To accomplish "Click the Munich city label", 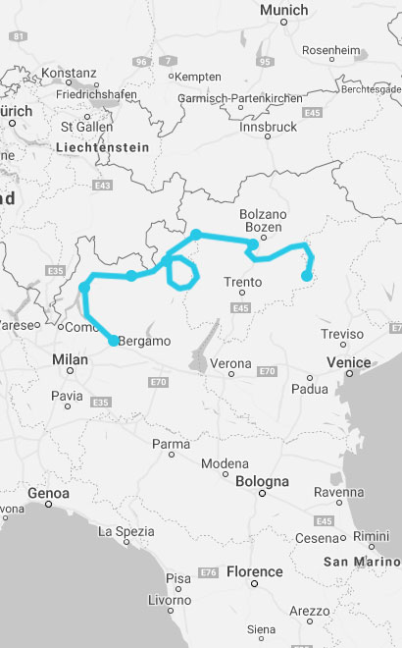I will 283,10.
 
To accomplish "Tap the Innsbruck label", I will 264,127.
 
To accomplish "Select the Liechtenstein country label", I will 104,147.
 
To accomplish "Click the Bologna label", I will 262,482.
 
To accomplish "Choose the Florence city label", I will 254,571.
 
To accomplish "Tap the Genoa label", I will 49,492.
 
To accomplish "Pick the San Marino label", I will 360,562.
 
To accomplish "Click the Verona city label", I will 231,363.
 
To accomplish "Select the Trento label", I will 242,283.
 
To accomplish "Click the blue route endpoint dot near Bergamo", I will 114,341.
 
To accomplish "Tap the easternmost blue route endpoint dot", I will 307,276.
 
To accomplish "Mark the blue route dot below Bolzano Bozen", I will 253,243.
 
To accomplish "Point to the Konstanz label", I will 70,73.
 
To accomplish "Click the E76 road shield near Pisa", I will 208,572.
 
